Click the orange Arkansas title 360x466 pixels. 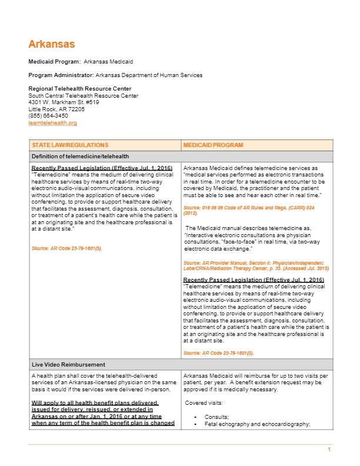click(52, 44)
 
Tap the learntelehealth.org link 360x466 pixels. click(52, 123)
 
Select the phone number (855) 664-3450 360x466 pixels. click(48, 116)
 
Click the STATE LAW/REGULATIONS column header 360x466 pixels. click(70, 145)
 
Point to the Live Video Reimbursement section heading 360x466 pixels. click(68, 365)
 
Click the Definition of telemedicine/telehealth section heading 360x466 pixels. click(80, 156)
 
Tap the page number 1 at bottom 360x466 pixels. click(329, 450)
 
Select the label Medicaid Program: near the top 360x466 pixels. click(55, 61)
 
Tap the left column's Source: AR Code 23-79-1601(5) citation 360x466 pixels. click(66, 248)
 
